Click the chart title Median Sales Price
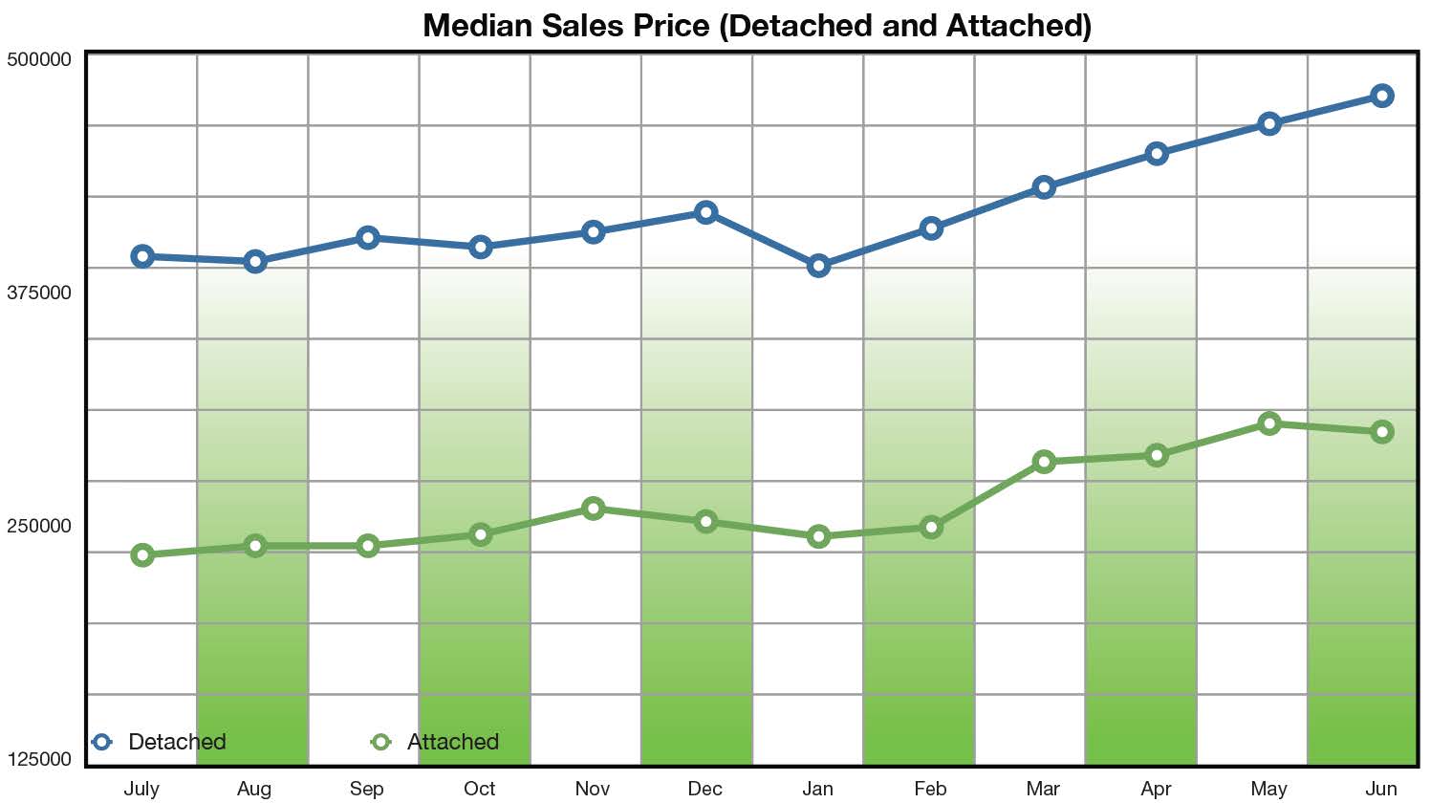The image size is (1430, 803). (x=756, y=25)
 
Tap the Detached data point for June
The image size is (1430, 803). (x=1381, y=96)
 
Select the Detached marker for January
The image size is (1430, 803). (x=818, y=266)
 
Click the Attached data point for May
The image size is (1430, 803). (x=1269, y=423)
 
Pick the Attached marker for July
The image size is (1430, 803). (x=142, y=555)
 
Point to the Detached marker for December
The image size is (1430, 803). (x=705, y=212)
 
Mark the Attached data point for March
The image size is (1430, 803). (x=1044, y=462)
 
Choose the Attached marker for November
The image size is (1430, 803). (x=593, y=509)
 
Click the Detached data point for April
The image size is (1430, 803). (x=1157, y=154)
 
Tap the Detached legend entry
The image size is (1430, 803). (x=160, y=742)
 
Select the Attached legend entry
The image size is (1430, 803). (x=436, y=742)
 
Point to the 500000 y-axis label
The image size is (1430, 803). (x=39, y=59)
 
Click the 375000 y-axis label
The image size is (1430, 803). (x=39, y=293)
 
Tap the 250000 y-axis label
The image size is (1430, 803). (x=39, y=526)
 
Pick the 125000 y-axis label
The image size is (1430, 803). (x=39, y=759)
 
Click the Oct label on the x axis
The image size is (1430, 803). (x=480, y=789)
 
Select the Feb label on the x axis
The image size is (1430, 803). (x=930, y=789)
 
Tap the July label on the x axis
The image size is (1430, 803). (x=141, y=789)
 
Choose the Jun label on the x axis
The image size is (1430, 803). (x=1381, y=789)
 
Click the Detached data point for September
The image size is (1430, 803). (x=367, y=238)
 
